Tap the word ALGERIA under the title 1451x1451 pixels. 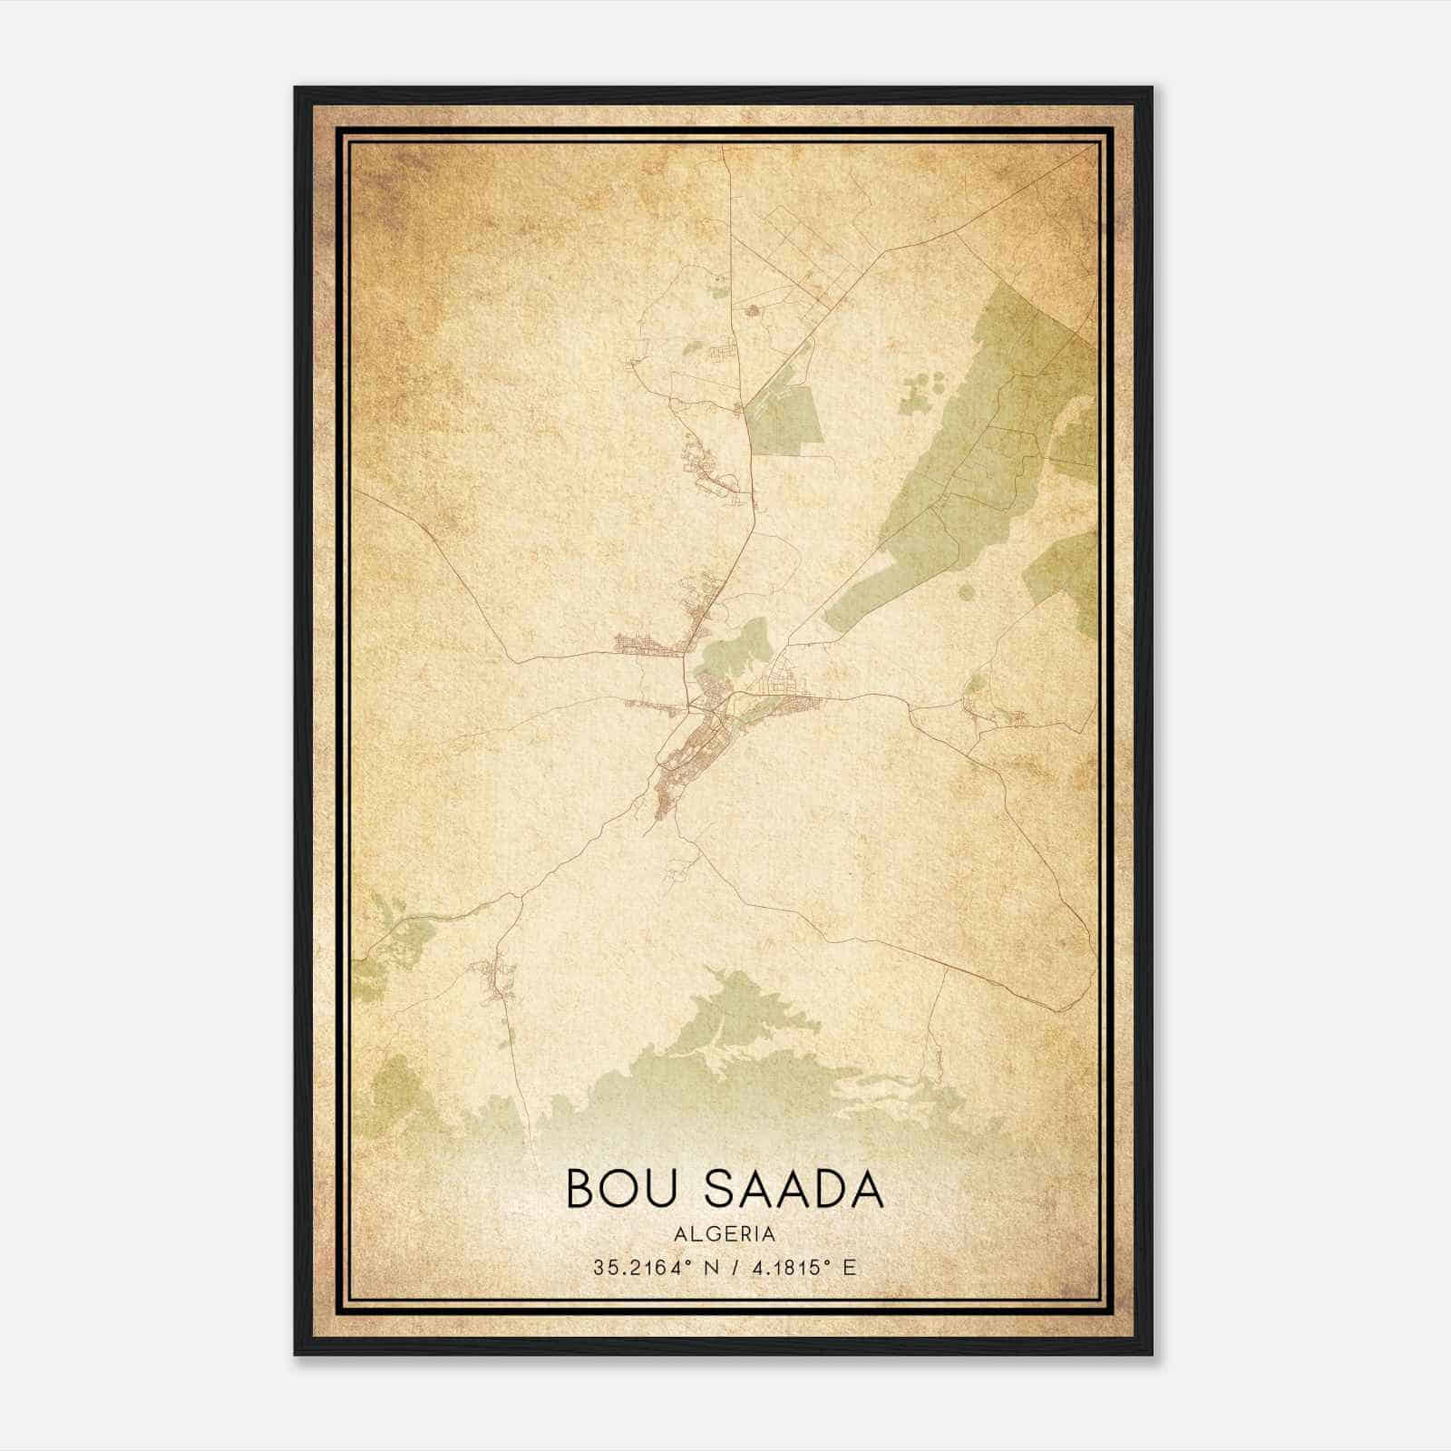tap(725, 1234)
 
